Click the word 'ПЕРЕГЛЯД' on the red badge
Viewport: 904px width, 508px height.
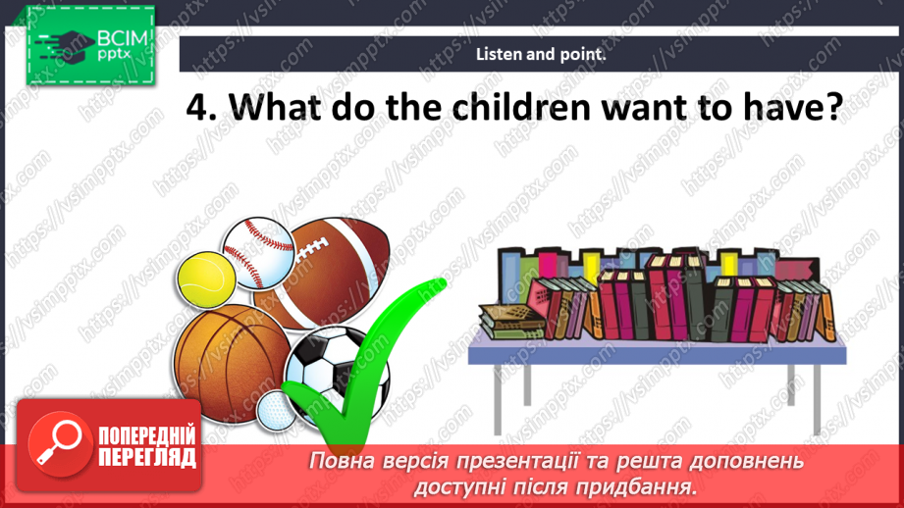[147, 457]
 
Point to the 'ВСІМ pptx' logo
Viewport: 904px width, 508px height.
[89, 43]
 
